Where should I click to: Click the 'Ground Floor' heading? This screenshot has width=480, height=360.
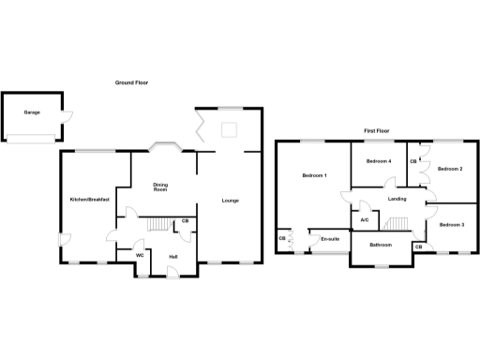131,82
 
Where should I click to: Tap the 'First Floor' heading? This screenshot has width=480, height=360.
377,130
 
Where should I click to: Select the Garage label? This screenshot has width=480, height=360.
31,112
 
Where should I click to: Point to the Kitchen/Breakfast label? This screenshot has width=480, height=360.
89,200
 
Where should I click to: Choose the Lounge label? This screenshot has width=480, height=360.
229,200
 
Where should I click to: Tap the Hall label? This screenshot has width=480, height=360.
173,256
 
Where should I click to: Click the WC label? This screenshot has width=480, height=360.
140,255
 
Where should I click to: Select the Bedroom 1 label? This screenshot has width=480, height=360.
313,176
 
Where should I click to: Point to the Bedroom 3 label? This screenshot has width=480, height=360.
452,224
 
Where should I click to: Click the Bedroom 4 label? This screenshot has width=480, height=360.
378,161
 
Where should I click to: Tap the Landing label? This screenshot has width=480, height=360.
397,199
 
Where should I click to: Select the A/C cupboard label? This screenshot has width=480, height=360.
365,220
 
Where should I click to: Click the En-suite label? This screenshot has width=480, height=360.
329,239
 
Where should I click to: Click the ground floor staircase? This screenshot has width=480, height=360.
164,223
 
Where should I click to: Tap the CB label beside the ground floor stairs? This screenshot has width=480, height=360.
187,221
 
